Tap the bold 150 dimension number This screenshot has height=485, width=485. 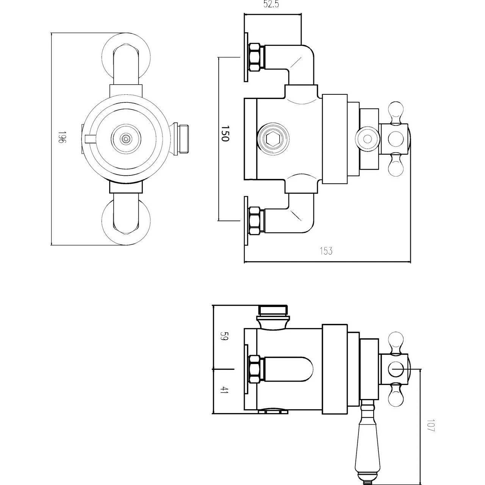[225, 133]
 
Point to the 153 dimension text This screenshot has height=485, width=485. [326, 251]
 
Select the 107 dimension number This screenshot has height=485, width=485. [430, 426]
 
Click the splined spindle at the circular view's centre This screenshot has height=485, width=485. [125, 139]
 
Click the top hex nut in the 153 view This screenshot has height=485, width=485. [256, 57]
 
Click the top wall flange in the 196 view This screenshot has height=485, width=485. [127, 57]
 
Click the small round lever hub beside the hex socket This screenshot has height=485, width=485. [367, 139]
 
